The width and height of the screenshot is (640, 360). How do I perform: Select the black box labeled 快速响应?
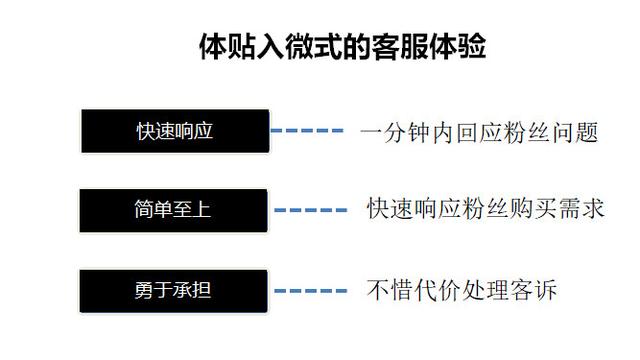click(175, 130)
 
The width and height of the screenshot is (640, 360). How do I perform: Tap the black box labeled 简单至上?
click(175, 210)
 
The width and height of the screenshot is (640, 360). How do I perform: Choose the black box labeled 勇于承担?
click(175, 291)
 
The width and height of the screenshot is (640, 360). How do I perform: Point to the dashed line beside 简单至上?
click(311, 211)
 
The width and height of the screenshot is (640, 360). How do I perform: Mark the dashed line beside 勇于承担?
click(311, 291)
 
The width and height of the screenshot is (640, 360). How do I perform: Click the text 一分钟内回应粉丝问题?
click(479, 131)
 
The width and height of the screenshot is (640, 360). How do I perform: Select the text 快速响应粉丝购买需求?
click(485, 209)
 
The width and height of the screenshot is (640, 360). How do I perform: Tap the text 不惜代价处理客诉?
click(461, 290)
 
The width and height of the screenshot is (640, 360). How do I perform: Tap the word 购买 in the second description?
click(533, 209)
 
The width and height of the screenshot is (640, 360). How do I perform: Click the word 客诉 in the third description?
click(533, 290)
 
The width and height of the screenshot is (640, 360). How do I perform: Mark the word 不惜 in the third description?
click(389, 290)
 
